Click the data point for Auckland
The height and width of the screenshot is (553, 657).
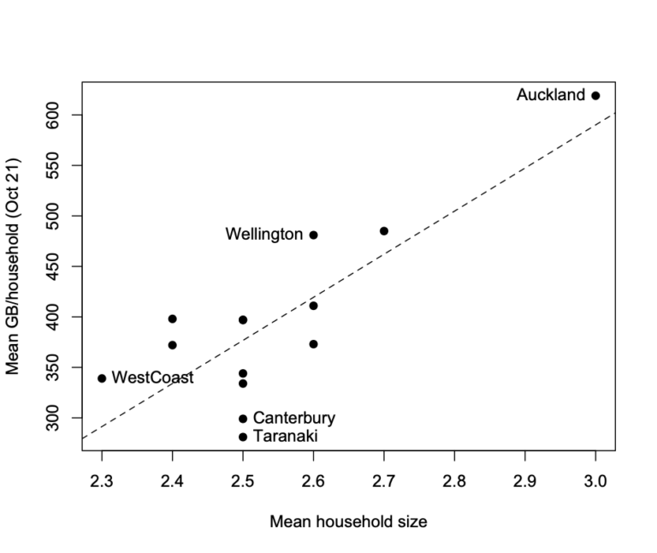[x=595, y=96]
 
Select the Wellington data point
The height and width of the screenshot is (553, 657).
[x=313, y=235]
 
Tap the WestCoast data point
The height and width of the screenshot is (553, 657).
[x=102, y=378]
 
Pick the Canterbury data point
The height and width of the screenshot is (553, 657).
[x=243, y=419]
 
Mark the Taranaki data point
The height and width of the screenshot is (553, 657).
[x=243, y=437]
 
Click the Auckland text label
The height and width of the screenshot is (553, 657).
[x=551, y=96]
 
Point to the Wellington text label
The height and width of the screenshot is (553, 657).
[x=264, y=235]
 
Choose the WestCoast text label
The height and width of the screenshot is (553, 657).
[x=152, y=378]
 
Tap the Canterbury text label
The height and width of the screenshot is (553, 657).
[x=294, y=419]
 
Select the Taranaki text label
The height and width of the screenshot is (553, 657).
[x=286, y=437]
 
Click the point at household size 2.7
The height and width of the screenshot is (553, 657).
[x=384, y=231]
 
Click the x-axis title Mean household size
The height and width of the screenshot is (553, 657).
[x=348, y=520]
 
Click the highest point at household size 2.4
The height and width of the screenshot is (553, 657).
[x=173, y=318]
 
